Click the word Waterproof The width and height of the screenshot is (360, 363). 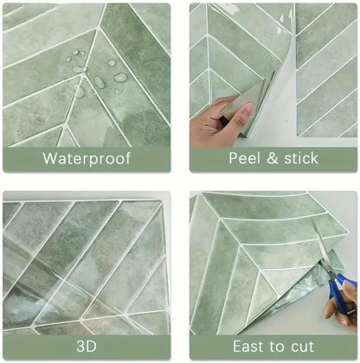pyautogui.click(x=87, y=158)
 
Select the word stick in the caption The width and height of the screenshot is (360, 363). pyautogui.click(x=301, y=158)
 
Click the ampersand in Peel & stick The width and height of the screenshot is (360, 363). pyautogui.click(x=273, y=158)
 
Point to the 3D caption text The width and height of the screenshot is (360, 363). pyautogui.click(x=87, y=346)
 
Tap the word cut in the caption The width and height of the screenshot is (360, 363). pyautogui.click(x=303, y=347)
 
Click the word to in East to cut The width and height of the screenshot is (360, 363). pyautogui.click(x=277, y=347)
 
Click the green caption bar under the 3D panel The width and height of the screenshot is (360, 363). pyautogui.click(x=87, y=347)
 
